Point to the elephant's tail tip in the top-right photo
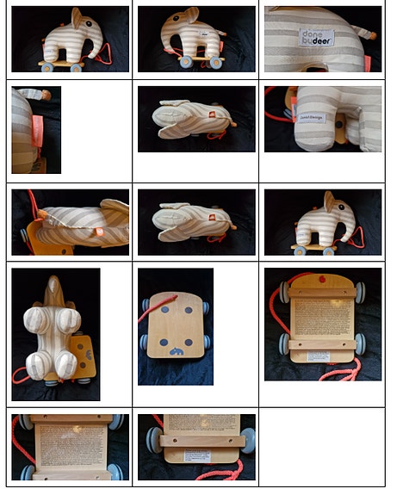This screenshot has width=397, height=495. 371,35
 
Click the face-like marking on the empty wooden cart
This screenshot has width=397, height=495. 177,352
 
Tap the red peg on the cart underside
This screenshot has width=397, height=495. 322,280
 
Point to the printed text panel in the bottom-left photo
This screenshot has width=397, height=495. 69,443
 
